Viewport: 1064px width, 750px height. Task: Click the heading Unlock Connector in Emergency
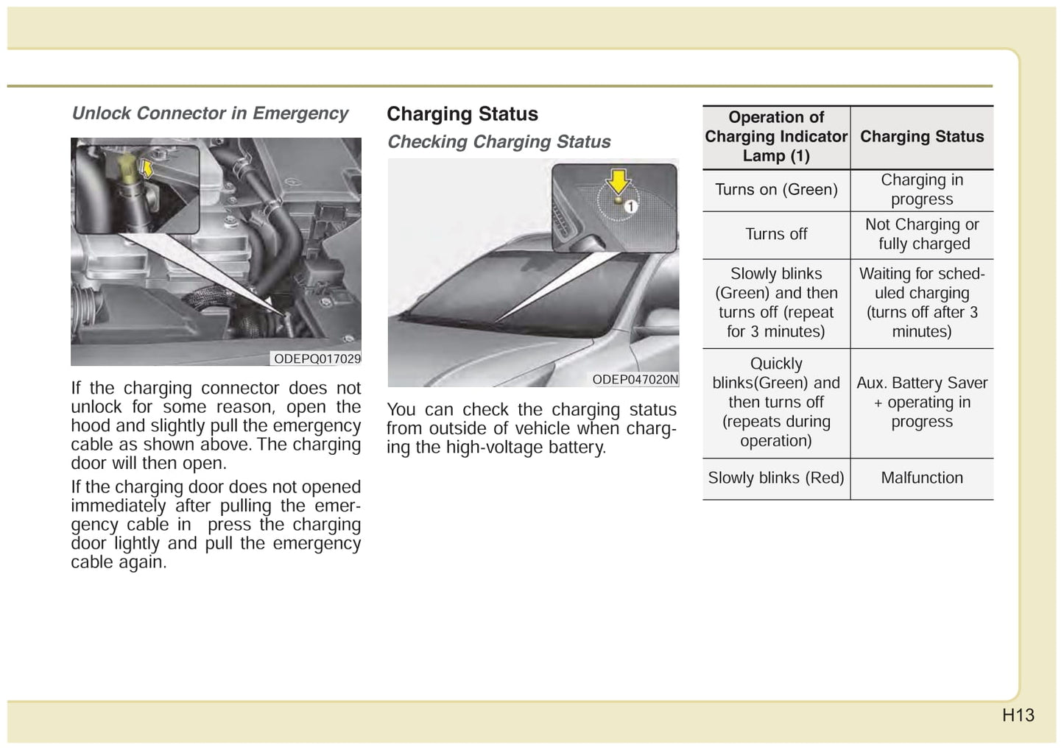coord(210,113)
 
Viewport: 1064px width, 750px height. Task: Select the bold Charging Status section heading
coord(462,114)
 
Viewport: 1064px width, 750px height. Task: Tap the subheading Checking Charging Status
coord(498,141)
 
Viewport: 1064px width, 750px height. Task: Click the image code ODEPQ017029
coord(317,358)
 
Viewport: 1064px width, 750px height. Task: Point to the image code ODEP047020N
coord(635,380)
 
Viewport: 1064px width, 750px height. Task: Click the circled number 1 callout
coord(631,207)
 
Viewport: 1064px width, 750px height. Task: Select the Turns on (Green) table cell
coord(776,190)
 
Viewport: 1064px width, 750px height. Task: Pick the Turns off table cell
coord(776,234)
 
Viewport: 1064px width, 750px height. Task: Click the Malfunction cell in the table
coord(922,478)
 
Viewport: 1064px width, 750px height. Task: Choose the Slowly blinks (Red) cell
coord(776,478)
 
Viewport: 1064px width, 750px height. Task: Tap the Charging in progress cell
coord(922,190)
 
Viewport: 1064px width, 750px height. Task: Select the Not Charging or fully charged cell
coord(922,234)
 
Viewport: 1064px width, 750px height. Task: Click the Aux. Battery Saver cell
coord(922,402)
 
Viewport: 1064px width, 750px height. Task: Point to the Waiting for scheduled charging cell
coord(922,303)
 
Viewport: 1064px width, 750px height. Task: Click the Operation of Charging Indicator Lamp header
coord(776,137)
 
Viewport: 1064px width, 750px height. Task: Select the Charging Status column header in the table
coord(922,137)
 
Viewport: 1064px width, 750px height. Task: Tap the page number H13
coord(1018,715)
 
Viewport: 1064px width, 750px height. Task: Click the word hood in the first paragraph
coord(88,425)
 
